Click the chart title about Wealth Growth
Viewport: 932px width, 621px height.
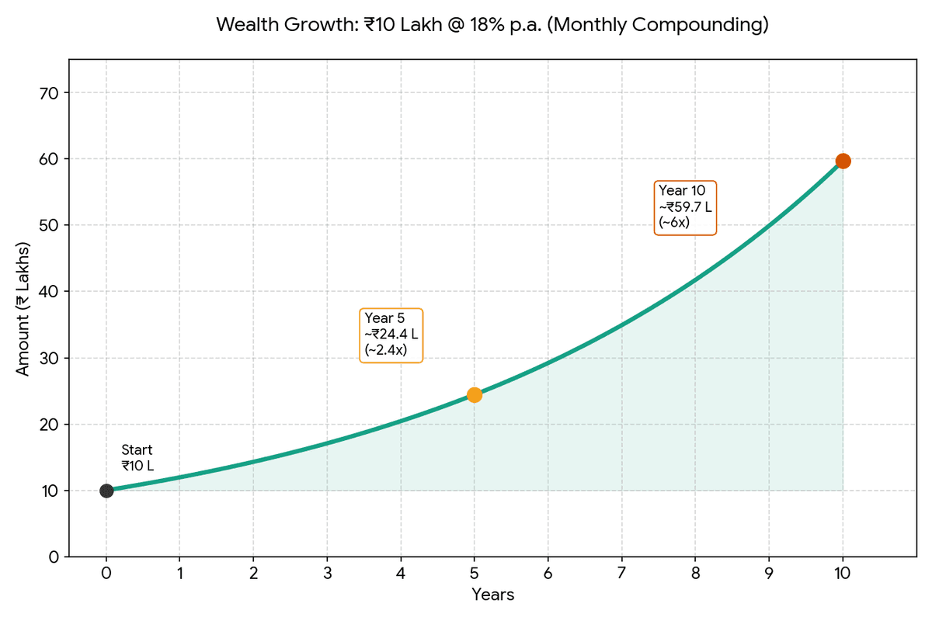(492, 25)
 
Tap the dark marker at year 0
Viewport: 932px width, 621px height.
(106, 491)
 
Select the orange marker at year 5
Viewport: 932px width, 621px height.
(475, 395)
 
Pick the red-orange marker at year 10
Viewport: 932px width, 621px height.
(843, 161)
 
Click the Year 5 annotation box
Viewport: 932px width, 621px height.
(392, 335)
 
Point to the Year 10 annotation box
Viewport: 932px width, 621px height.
(685, 207)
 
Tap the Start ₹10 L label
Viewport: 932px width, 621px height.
(137, 458)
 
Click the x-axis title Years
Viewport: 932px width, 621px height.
(492, 595)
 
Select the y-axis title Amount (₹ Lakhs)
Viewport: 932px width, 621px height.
(23, 309)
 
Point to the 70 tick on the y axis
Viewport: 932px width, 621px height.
(49, 93)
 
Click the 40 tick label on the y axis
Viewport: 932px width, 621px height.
(49, 292)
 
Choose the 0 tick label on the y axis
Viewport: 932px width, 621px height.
(54, 557)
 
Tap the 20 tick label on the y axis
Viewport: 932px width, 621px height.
(49, 425)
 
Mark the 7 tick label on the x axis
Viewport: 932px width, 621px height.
(621, 574)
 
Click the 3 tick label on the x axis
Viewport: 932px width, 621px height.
(327, 574)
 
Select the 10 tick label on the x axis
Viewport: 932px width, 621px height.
(843, 574)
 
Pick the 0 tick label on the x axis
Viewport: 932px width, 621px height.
(106, 574)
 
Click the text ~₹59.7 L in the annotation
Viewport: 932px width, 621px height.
(685, 207)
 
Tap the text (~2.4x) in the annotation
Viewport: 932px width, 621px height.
(384, 350)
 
